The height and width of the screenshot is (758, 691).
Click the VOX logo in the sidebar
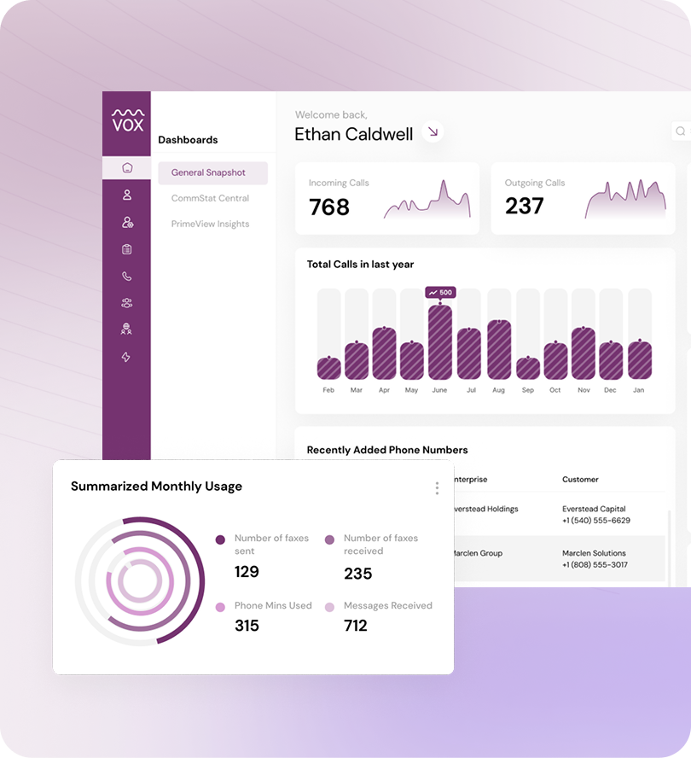tap(127, 120)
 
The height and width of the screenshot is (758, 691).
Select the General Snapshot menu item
tap(208, 172)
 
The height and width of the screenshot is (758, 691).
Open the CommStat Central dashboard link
tap(210, 198)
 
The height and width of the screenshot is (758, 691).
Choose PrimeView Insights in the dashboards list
tap(210, 224)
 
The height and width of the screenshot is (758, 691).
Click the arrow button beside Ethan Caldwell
tap(433, 131)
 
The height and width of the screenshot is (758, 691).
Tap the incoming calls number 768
tap(329, 207)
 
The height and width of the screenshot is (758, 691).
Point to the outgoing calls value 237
tap(524, 206)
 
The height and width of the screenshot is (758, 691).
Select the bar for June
tap(440, 341)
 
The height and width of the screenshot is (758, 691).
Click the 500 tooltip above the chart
tap(440, 293)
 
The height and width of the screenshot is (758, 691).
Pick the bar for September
tap(528, 368)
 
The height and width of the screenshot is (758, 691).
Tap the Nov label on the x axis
tap(584, 390)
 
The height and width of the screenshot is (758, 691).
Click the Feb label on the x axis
tap(328, 390)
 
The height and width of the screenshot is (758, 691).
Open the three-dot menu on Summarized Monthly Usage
tap(437, 488)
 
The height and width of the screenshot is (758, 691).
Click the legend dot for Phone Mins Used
tap(220, 607)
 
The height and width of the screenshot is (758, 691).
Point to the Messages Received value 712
tap(356, 626)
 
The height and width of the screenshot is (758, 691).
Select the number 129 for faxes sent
tap(247, 572)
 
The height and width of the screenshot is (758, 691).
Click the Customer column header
tap(580, 480)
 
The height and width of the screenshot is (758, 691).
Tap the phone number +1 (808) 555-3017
tap(595, 565)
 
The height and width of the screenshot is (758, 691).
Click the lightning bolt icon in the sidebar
tap(126, 357)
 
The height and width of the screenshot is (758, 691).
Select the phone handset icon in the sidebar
tap(126, 276)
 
